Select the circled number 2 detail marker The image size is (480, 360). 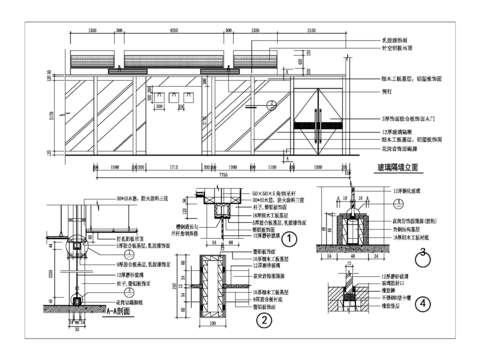click(262, 320)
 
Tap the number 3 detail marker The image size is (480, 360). click(422, 253)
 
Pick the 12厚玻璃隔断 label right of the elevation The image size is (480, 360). click(396, 131)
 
